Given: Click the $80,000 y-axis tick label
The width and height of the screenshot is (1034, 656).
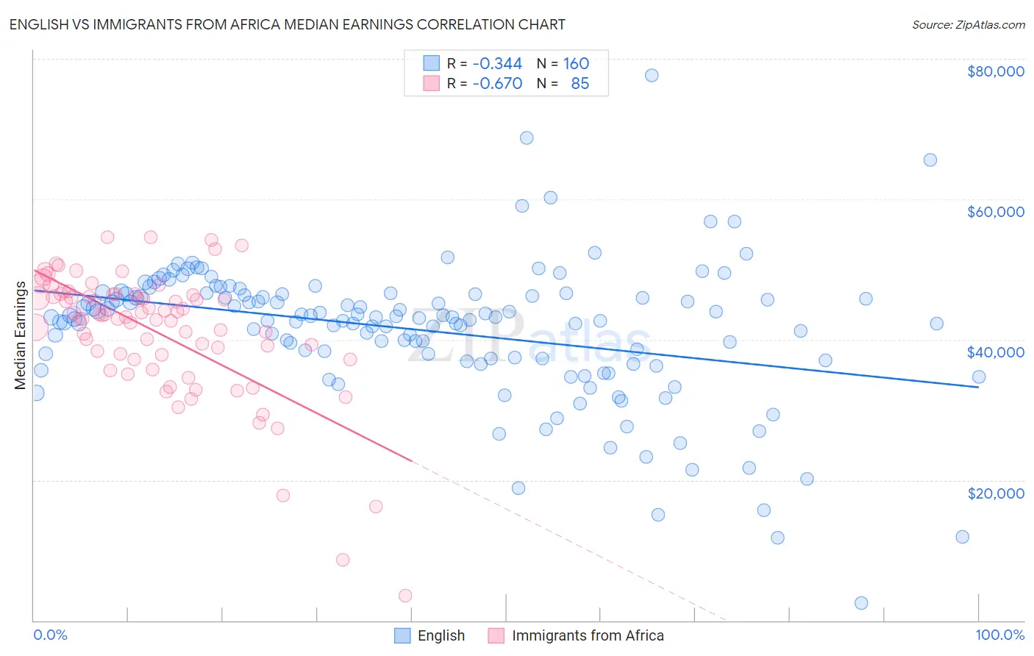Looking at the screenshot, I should [996, 71].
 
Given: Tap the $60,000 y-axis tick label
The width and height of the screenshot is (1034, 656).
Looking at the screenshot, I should [996, 212].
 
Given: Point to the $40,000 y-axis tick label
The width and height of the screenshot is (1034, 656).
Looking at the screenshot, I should [996, 352].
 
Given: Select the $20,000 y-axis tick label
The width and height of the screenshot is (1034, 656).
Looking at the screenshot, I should [996, 493].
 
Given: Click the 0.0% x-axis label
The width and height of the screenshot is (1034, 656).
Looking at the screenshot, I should [50, 635].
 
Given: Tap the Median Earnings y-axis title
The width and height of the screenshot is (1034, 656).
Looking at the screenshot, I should [20, 335].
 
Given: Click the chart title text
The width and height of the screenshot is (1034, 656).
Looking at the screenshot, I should [288, 24].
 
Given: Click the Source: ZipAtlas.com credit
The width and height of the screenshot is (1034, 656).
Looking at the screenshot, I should [969, 24].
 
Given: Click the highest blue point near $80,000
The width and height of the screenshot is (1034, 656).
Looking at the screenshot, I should [652, 75].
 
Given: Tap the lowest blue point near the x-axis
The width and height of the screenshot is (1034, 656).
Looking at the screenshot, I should [861, 603].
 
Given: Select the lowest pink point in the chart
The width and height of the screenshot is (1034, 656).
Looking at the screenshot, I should [405, 596].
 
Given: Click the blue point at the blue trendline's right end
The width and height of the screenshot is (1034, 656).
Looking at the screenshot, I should [979, 377].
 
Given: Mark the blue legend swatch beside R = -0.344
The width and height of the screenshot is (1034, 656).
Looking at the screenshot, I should [431, 64].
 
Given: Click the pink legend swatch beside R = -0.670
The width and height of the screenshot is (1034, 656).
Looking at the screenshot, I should [431, 84].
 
